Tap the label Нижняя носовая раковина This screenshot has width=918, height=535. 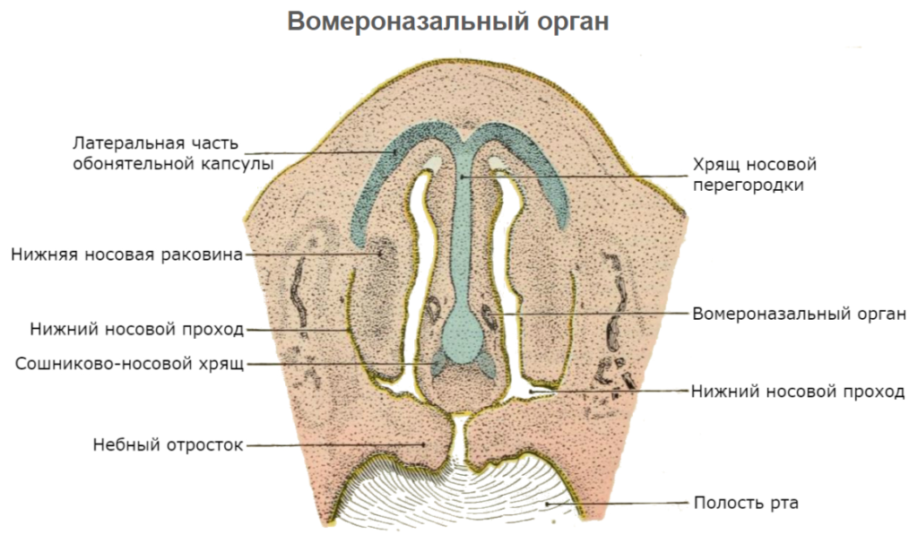pyautogui.click(x=126, y=255)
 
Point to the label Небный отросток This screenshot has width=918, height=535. pyautogui.click(x=168, y=444)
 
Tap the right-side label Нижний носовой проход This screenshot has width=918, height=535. pyautogui.click(x=798, y=392)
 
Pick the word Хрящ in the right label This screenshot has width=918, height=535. pyautogui.click(x=714, y=165)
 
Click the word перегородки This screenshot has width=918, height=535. pyautogui.click(x=748, y=186)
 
